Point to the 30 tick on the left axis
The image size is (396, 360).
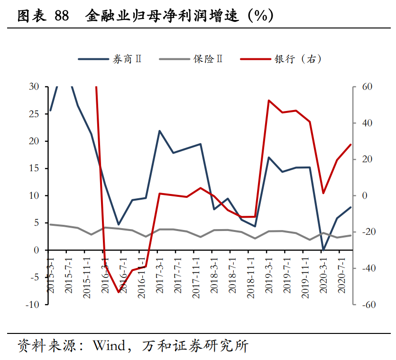pos(34,87)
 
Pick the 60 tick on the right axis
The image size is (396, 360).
pos(367,87)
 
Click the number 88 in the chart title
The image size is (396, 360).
pos(62,16)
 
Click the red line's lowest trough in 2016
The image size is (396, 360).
pos(119,292)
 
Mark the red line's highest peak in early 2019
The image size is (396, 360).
pos(268,101)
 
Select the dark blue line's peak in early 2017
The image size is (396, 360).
pos(160,130)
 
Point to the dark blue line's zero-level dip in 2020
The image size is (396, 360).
pos(323,249)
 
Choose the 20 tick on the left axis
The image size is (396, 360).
pos(34,141)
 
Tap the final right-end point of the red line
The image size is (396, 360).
pos(351,145)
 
